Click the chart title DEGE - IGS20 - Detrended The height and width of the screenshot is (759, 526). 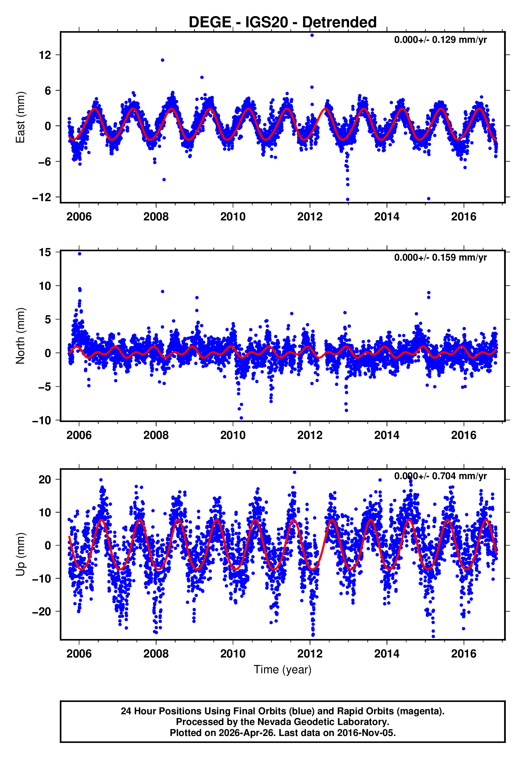283,22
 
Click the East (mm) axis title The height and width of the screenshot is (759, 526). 20,117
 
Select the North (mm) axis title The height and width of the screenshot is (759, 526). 20,336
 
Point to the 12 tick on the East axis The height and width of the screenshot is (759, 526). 45,55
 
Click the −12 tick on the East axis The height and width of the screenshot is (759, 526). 42,197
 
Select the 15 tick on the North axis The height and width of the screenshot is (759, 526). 45,253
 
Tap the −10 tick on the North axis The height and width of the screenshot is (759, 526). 42,420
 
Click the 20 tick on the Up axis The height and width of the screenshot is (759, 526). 45,480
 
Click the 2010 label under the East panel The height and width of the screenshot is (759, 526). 233,217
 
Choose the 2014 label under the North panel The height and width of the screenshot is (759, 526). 387,435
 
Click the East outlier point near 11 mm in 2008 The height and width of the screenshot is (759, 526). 162,60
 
